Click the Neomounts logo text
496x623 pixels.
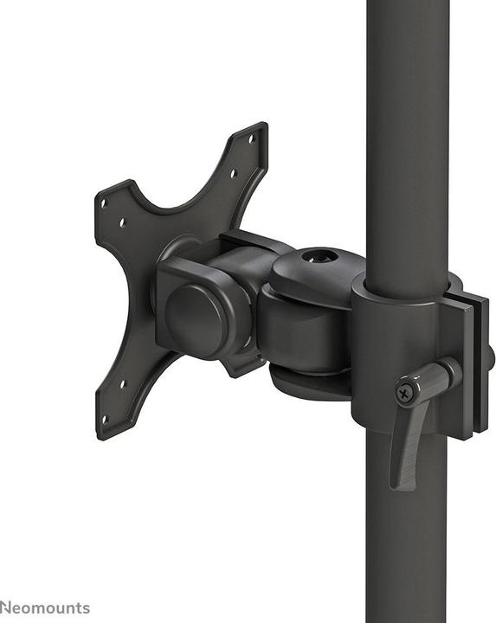click(45, 607)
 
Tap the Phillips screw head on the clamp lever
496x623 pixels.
click(404, 393)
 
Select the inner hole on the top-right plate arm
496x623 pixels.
click(234, 172)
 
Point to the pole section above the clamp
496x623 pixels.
click(407, 130)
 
